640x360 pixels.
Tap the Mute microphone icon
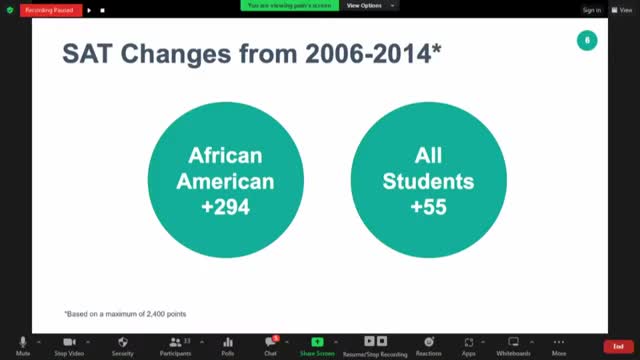point(23,342)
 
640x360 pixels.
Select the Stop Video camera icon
point(69,342)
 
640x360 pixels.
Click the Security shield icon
point(122,342)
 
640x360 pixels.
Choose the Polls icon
point(228,342)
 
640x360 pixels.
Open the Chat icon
point(271,342)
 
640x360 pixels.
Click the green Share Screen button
point(317,342)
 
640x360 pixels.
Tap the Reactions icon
point(428,342)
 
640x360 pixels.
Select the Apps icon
point(469,342)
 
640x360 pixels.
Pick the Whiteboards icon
point(514,342)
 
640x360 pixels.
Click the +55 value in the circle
point(428,207)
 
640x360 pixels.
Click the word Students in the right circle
point(428,182)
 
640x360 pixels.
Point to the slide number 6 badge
point(587,40)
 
